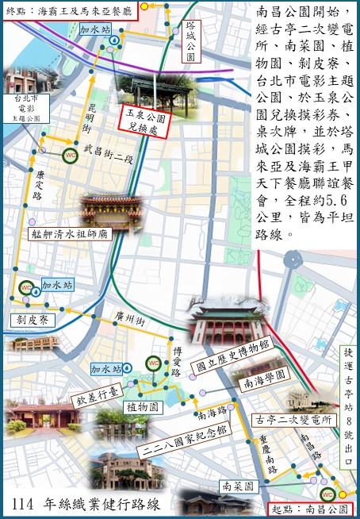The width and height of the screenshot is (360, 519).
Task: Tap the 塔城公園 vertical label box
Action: tap(190, 41)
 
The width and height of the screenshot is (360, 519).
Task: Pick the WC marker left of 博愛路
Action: tap(154, 363)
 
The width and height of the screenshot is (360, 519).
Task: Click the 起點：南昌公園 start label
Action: tap(316, 507)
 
